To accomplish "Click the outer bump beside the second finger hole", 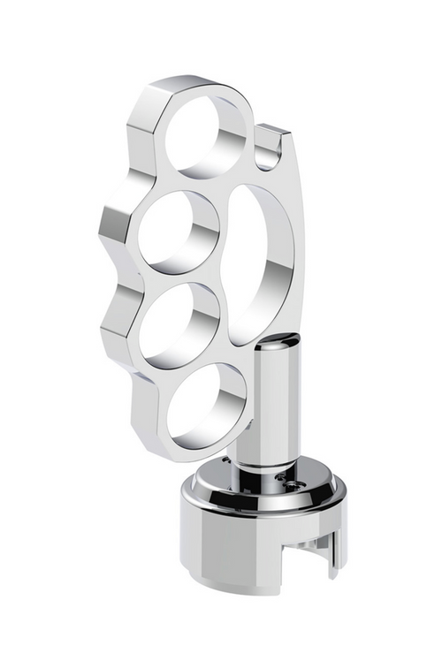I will (x=115, y=225).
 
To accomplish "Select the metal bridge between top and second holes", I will (x=177, y=181).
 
